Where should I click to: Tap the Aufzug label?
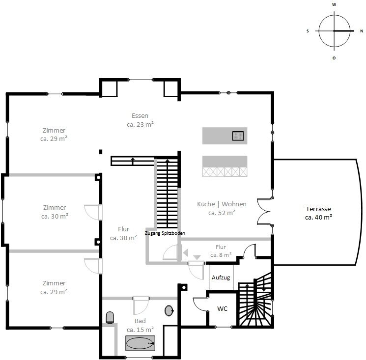(x=221, y=277)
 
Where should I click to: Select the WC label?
(x=222, y=308)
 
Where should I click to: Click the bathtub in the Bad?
(x=140, y=343)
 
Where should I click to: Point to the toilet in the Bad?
(x=110, y=317)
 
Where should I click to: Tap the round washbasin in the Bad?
(x=169, y=310)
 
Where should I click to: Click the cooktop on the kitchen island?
(x=238, y=136)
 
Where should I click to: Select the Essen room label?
(x=140, y=120)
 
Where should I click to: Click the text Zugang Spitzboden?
(x=165, y=233)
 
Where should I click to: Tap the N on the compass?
(x=362, y=31)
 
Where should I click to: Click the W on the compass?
(x=334, y=4)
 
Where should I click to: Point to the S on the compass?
(x=308, y=31)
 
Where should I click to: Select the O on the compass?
(x=334, y=58)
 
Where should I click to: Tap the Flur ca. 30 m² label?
(x=123, y=233)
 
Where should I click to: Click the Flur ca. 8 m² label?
(x=221, y=251)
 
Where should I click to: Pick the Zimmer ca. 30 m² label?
(x=55, y=212)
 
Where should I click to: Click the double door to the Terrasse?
(x=263, y=212)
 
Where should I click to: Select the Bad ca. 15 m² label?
(x=140, y=325)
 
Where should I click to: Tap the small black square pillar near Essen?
(x=101, y=152)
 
